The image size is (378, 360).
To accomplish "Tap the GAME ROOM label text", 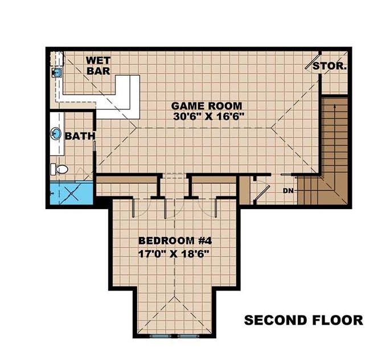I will pos(207,106).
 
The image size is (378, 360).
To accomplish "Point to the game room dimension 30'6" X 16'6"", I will pos(207,117).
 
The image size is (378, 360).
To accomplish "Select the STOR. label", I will pos(330,66).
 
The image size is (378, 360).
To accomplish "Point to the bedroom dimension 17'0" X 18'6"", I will pos(171,253).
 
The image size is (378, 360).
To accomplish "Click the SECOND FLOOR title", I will pos(303,320).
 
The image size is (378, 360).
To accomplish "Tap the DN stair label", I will pos(287,190).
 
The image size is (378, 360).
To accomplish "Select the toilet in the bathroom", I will pos(59,169).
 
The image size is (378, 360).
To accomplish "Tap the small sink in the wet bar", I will pos(57,72).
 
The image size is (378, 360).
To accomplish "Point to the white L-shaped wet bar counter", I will pos(128,96).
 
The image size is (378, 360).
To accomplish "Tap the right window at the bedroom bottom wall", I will pos(187,336).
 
